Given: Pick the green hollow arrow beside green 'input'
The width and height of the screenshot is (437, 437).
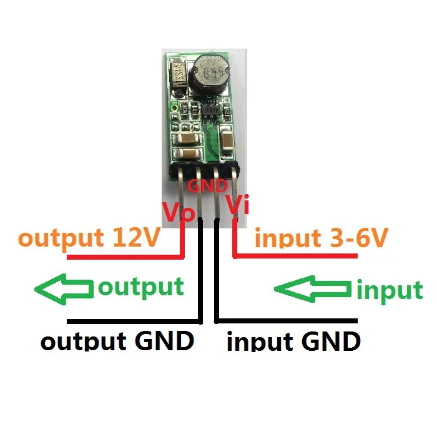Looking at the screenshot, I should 313,288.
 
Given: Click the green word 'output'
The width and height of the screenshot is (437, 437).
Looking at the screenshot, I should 141,287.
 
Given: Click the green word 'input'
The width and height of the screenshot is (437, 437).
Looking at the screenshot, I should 389,290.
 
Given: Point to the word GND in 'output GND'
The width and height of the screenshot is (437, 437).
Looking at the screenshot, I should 164,341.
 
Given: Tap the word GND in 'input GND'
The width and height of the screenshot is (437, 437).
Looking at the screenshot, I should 330,341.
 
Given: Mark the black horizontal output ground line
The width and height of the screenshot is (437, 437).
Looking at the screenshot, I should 131,321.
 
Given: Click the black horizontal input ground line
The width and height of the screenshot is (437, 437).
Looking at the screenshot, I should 287,321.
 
